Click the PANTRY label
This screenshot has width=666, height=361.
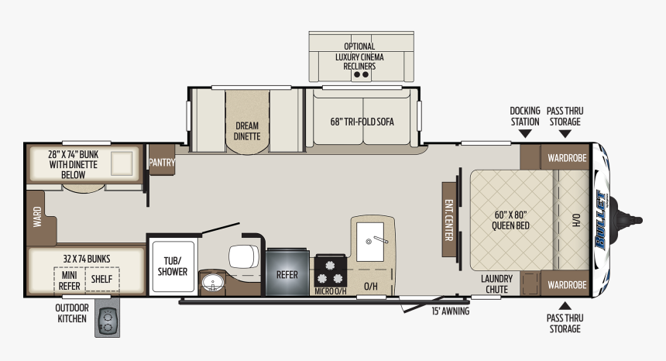click(x=163, y=163)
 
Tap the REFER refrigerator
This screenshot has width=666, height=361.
click(x=287, y=273)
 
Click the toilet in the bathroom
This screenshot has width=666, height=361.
click(x=241, y=253)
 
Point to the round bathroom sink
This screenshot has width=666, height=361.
click(x=211, y=284)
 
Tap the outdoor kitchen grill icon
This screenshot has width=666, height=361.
click(x=110, y=320)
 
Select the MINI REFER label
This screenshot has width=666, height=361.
click(x=68, y=279)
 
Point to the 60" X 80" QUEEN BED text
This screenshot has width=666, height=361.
click(x=510, y=220)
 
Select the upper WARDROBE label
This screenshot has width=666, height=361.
click(x=567, y=157)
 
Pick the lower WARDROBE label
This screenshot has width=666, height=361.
click(x=567, y=284)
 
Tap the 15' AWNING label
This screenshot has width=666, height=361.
click(x=450, y=311)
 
